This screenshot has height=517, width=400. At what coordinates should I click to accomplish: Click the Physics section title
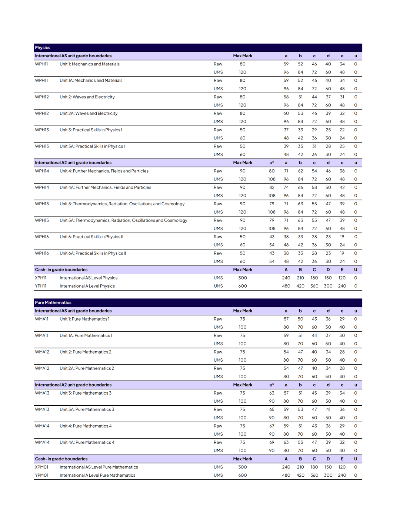(43, 48)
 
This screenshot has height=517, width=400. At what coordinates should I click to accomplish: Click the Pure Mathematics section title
(53, 303)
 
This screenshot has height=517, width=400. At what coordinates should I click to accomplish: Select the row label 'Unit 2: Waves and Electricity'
(87, 97)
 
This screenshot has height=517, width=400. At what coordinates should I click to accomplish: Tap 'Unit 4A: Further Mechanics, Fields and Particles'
(105, 187)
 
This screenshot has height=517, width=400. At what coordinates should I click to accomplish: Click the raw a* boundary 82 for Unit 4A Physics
(272, 187)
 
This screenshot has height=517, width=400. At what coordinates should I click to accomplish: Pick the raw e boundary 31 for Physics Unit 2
(342, 97)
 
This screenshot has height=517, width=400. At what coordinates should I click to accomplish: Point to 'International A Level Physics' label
(87, 286)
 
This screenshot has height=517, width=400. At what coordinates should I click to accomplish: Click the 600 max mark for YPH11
(243, 286)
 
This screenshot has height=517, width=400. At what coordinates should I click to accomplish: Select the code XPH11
(41, 278)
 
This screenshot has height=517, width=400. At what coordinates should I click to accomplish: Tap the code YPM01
(41, 476)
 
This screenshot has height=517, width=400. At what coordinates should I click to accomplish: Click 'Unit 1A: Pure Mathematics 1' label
(86, 336)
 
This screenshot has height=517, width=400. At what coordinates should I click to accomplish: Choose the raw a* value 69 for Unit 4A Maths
(272, 443)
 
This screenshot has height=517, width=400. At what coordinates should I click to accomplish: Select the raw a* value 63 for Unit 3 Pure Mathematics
(272, 393)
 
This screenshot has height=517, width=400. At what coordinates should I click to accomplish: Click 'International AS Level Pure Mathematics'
(99, 467)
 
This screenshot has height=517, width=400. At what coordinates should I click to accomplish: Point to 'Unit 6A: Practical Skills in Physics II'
(93, 253)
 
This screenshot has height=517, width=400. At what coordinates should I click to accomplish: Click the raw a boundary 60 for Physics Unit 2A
(286, 114)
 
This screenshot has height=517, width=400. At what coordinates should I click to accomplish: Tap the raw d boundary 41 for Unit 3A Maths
(328, 410)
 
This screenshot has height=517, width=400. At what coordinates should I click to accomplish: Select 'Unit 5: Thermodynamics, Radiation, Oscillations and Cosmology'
(122, 204)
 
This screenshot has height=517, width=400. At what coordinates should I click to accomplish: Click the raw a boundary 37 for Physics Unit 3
(286, 130)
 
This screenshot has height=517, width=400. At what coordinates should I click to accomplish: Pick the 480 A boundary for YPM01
(286, 476)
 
